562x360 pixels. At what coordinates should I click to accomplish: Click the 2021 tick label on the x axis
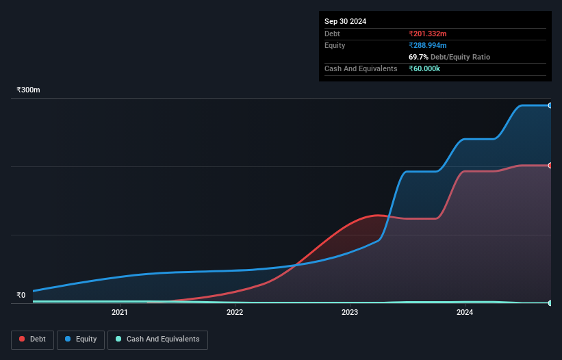pos(120,313)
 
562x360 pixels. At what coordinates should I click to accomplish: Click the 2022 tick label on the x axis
pos(235,313)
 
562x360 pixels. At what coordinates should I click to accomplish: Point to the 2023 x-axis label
pos(350,313)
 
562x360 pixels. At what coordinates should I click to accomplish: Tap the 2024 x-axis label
pos(465,313)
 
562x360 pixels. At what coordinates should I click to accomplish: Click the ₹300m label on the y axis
pos(29,90)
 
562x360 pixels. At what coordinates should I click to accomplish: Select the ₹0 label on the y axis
pos(21,296)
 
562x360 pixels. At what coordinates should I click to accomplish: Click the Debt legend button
pos(33,339)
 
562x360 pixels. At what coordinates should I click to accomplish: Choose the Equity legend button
pos(81,339)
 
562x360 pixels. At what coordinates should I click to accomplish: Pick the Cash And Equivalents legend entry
pos(157,339)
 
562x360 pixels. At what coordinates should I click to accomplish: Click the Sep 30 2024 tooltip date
pos(346,21)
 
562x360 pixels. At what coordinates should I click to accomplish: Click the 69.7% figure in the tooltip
pos(419,57)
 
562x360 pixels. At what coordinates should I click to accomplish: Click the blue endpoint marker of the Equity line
pos(550,105)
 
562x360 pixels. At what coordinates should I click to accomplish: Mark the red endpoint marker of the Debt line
pos(550,166)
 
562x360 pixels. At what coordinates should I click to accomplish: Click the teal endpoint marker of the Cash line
pos(550,303)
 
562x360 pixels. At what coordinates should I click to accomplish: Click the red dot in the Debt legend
pos(23,339)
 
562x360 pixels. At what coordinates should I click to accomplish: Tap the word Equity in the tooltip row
pos(335,45)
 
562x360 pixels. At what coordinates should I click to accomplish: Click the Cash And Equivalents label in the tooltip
pos(361,68)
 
